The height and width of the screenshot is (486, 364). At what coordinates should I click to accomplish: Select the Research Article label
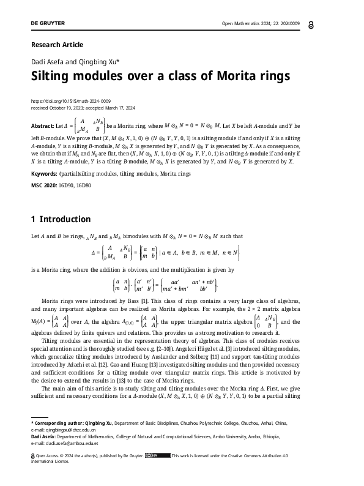tap(57, 45)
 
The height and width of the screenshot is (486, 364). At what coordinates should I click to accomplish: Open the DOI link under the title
tap(70, 100)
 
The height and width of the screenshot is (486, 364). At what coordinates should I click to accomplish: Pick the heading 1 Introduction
tap(61, 219)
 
